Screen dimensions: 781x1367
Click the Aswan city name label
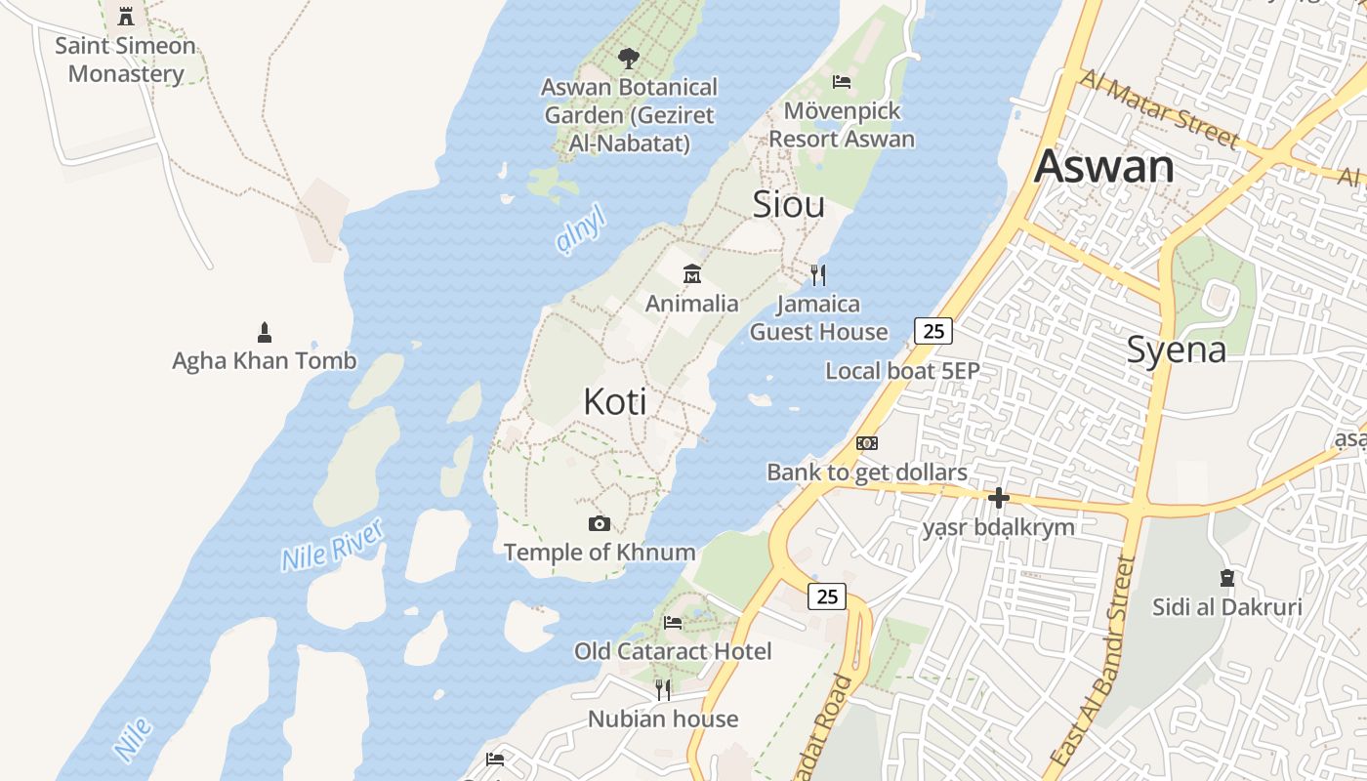coord(1104,166)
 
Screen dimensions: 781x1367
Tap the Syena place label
coord(1176,349)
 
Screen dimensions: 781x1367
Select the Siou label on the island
coord(788,204)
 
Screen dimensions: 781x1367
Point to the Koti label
coord(615,401)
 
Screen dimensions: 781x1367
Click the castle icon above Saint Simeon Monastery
coord(126,17)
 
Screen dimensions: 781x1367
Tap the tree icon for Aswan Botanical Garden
coord(629,59)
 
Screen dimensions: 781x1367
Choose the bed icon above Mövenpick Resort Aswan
coord(842,82)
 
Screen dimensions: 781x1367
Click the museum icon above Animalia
coord(692,273)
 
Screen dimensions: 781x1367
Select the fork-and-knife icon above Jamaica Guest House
coord(818,275)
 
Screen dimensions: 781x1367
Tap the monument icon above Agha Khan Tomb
coord(264,332)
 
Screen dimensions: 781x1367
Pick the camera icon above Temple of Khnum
coord(600,524)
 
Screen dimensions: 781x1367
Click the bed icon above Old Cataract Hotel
coord(673,623)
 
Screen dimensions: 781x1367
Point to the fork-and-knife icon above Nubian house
coord(663,690)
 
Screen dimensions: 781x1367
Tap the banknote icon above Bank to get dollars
coord(867,443)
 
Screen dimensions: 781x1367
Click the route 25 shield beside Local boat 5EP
coord(933,331)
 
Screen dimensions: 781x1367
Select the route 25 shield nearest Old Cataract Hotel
coord(827,596)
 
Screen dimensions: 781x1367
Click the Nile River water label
coord(333,545)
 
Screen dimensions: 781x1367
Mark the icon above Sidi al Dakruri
coord(1227,578)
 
